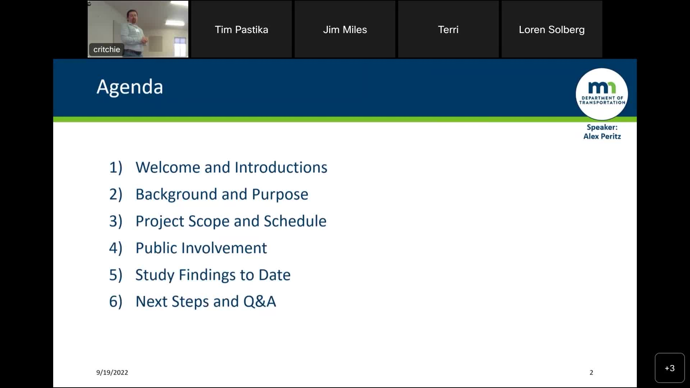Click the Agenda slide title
130,87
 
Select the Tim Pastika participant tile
241,29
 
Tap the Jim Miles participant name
345,29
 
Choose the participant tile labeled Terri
448,29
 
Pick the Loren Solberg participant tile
552,29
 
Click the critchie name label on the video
107,50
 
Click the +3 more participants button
670,368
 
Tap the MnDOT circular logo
602,94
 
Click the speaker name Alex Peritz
602,136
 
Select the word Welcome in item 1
168,167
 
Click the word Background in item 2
176,194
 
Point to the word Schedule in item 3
295,221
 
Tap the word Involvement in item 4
224,248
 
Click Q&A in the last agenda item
259,301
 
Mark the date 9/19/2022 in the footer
112,373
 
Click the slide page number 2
591,373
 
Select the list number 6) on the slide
116,301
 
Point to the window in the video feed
180,46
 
